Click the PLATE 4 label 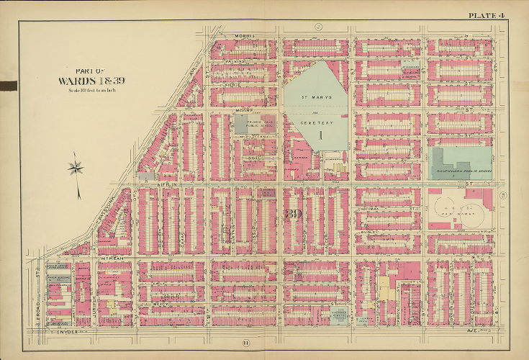click(487, 15)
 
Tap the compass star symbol click(76, 170)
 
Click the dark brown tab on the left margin click(8, 86)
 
